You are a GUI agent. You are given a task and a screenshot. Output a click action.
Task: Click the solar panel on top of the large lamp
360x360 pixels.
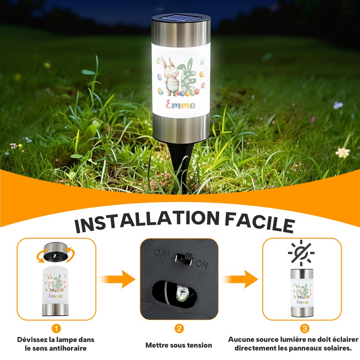coord(181,18)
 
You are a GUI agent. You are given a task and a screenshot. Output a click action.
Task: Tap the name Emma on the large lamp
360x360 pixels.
coord(180,105)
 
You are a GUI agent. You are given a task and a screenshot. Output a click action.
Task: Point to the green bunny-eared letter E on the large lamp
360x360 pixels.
coord(190,75)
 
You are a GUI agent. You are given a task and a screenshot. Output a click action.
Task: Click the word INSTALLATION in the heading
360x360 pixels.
coord(147,221)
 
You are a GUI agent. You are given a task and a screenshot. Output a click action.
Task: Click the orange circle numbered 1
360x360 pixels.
coord(56,328)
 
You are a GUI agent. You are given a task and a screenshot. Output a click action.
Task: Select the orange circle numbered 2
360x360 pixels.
coord(179,328)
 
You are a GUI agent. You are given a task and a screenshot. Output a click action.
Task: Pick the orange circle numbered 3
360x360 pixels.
coord(305,328)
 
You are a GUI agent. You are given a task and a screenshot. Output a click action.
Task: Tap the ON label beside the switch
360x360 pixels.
coord(202,265)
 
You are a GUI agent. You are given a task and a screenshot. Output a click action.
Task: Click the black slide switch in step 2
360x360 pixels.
coord(184,259)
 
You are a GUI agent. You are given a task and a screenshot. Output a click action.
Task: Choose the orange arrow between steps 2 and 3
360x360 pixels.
coord(240,279)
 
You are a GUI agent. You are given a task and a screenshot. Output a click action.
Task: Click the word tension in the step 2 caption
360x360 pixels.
coord(199,345)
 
